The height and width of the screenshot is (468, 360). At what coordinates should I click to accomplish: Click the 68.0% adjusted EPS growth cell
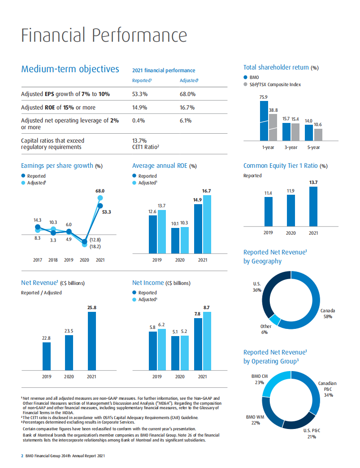click(x=187, y=94)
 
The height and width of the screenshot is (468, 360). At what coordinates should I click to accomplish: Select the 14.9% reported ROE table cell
click(x=140, y=107)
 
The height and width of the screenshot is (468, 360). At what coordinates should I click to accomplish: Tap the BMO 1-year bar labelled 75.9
click(x=264, y=120)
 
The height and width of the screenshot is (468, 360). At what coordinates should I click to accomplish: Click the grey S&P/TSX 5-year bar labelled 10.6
click(x=318, y=135)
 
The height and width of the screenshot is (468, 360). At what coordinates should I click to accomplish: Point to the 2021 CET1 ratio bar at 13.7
click(x=313, y=206)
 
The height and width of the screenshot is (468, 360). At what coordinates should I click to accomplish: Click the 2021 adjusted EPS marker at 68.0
click(x=100, y=198)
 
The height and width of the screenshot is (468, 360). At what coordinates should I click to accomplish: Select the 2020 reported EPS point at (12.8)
click(x=84, y=241)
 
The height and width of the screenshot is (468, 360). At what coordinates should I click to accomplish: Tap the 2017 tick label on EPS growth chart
click(x=37, y=260)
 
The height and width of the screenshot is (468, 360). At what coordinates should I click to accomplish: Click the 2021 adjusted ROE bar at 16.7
click(x=207, y=224)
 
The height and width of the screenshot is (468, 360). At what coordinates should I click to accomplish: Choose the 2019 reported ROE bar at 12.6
click(x=153, y=234)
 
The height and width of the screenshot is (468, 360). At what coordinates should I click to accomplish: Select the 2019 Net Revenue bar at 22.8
click(x=47, y=356)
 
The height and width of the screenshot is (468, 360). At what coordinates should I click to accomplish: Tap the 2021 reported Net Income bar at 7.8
click(x=198, y=344)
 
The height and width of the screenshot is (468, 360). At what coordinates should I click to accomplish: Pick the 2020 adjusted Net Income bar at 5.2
click(x=184, y=353)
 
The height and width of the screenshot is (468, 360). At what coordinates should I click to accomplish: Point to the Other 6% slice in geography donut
click(x=275, y=319)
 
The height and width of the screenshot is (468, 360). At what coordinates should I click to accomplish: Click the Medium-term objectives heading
click(x=70, y=69)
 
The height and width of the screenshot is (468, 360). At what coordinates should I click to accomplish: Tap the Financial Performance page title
click(x=104, y=35)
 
